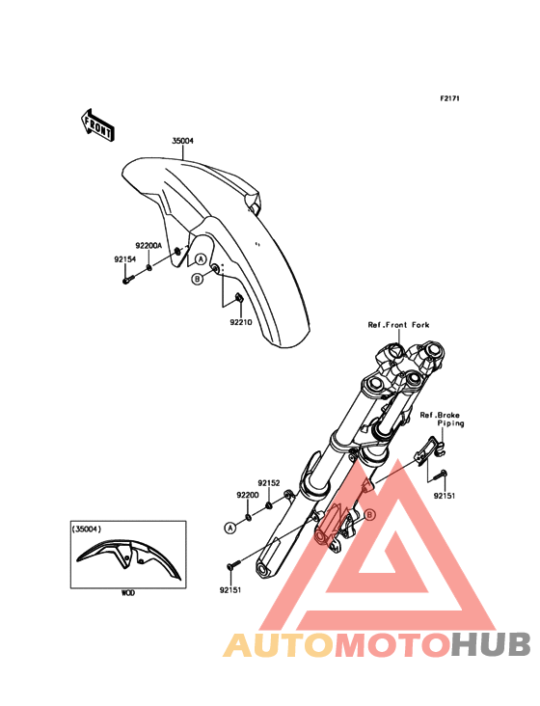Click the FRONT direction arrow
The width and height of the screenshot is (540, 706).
97,125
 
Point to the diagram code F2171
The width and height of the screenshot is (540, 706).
449,98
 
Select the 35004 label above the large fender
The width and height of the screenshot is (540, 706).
182,141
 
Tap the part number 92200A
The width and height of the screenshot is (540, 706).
148,246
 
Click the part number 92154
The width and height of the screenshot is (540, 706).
124,259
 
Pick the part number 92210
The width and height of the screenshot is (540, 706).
241,322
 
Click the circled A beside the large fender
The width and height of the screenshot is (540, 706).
201,258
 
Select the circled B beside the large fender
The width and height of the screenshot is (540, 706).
197,279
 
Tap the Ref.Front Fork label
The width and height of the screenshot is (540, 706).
398,325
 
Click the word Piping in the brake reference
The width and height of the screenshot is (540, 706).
450,423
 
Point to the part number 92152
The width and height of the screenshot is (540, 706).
269,483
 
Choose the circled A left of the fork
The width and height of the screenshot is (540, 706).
230,528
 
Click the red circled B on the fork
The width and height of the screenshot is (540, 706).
369,514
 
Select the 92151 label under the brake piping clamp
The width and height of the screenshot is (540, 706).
445,496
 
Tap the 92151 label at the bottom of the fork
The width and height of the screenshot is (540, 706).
230,590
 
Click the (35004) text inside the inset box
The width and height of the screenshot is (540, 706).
87,529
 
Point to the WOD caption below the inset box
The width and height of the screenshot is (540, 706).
128,593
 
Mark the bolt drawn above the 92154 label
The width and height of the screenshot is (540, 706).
127,280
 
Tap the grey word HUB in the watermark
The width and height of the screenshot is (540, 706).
492,644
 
